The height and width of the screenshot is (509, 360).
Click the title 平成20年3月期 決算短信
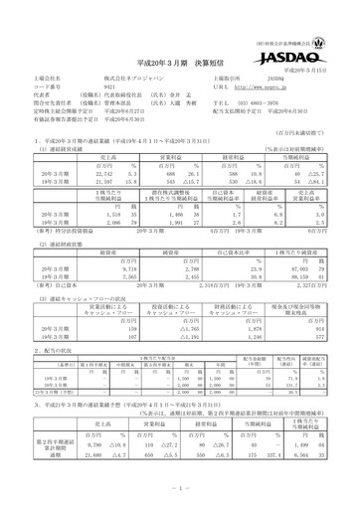[x=180, y=57]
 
